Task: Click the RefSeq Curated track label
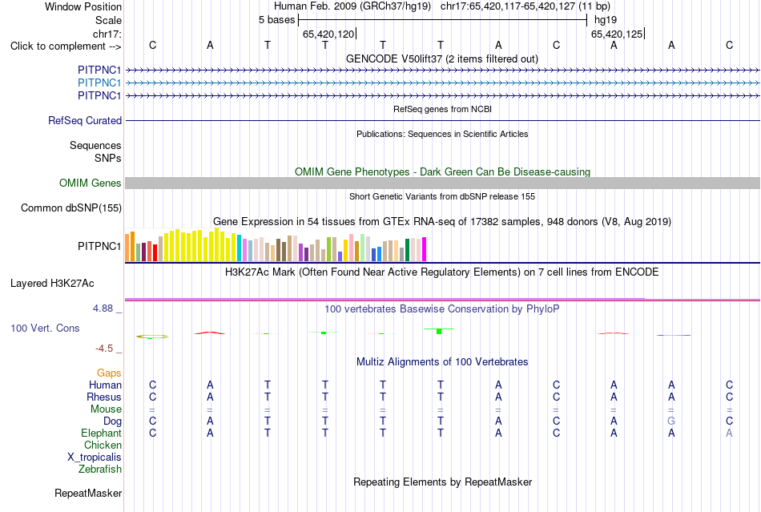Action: click(x=85, y=120)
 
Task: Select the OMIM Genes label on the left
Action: click(x=91, y=183)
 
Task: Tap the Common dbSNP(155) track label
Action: click(x=71, y=208)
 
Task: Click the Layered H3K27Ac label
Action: click(x=52, y=284)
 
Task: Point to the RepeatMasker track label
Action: click(x=88, y=493)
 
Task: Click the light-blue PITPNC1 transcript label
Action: click(x=99, y=83)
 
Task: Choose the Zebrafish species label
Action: click(x=100, y=470)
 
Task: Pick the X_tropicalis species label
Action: click(x=95, y=458)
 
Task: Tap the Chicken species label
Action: click(x=103, y=445)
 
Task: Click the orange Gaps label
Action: click(x=109, y=373)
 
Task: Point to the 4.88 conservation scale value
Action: click(x=103, y=308)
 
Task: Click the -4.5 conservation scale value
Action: click(x=104, y=349)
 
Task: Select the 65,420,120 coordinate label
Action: click(x=328, y=34)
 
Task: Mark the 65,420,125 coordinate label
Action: click(x=617, y=34)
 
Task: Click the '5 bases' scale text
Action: click(x=276, y=20)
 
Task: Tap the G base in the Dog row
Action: click(x=671, y=421)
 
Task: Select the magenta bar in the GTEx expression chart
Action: click(x=425, y=249)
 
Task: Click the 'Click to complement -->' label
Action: click(x=66, y=46)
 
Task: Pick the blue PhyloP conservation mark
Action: click(x=674, y=336)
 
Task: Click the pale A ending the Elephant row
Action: click(x=729, y=433)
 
